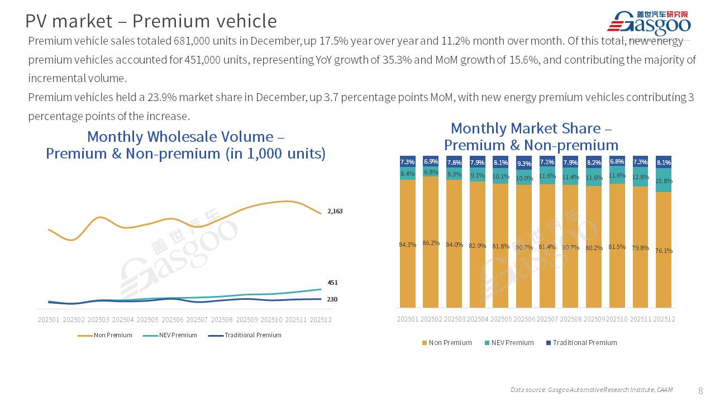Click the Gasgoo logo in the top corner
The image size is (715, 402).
(649, 23)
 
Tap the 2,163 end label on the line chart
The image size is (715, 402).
(335, 212)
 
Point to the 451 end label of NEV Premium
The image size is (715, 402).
(332, 283)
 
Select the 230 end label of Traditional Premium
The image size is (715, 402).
(332, 299)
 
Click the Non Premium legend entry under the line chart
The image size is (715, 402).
(105, 336)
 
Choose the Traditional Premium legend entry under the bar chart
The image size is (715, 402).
(581, 343)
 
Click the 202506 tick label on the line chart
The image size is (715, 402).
(172, 320)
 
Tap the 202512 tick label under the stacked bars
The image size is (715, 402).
(664, 319)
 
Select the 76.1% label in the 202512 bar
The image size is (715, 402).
(664, 251)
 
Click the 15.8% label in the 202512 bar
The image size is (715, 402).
(664, 181)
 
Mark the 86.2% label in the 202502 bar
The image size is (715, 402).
(431, 243)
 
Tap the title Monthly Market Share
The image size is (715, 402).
(531, 129)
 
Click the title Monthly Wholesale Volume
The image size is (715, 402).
(186, 137)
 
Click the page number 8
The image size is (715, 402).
(700, 390)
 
